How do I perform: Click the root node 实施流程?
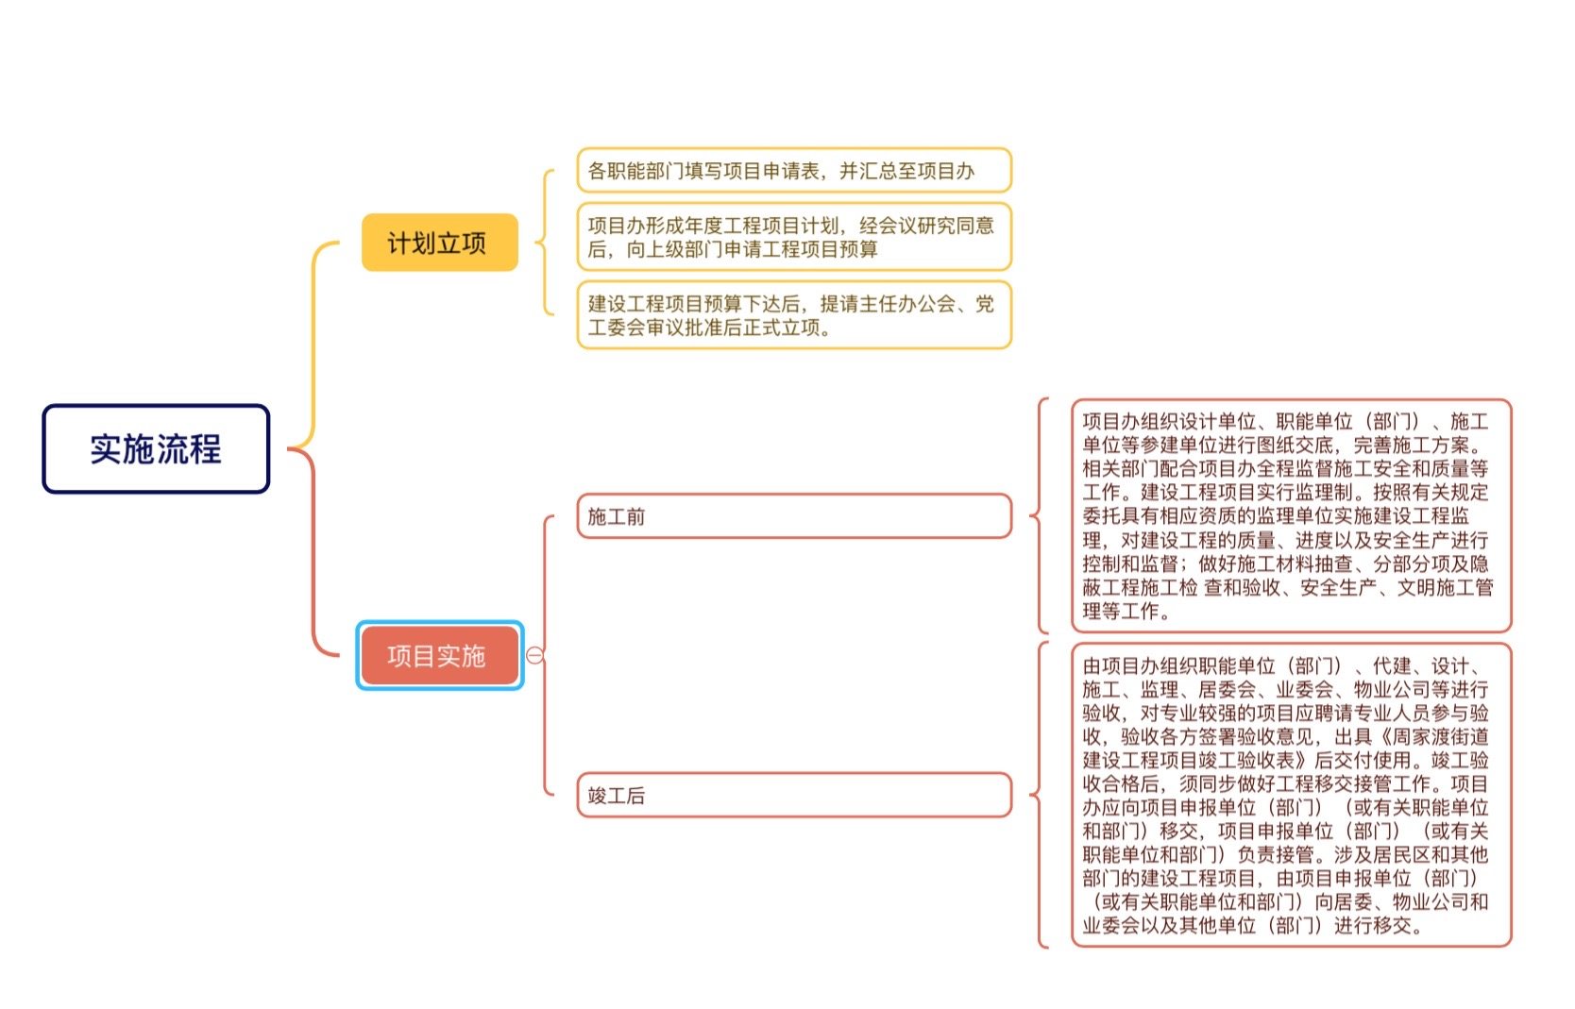pyautogui.click(x=156, y=448)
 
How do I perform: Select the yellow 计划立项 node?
pyautogui.click(x=439, y=243)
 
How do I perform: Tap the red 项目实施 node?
pyautogui.click(x=439, y=656)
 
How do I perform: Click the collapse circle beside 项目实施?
pyautogui.click(x=534, y=656)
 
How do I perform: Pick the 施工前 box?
pyautogui.click(x=794, y=516)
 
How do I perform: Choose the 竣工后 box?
pyautogui.click(x=794, y=796)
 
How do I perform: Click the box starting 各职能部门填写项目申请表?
pyautogui.click(x=794, y=170)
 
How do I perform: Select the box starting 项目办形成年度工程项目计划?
pyautogui.click(x=794, y=237)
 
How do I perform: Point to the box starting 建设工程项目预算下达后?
pyautogui.click(x=794, y=315)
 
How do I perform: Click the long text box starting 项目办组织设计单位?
pyautogui.click(x=1291, y=515)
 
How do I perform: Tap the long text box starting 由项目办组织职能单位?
pyautogui.click(x=1291, y=795)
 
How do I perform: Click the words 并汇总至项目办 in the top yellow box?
pyautogui.click(x=907, y=171)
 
